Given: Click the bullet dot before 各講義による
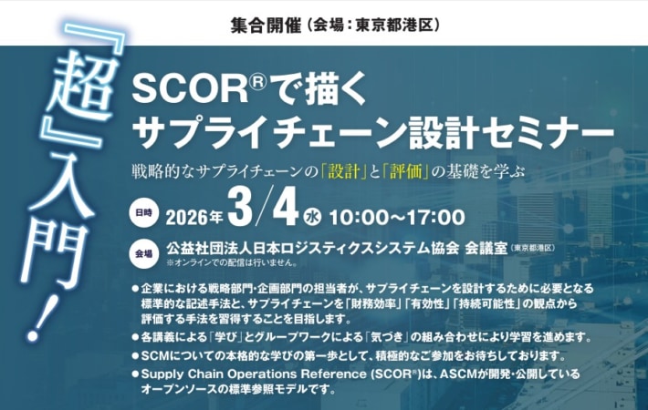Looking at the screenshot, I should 136,337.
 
